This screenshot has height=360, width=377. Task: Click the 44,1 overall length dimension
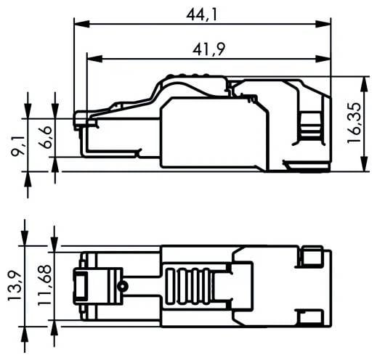click(x=203, y=12)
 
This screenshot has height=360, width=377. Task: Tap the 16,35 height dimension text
click(x=355, y=123)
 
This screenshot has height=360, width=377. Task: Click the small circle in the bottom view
click(x=123, y=287)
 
